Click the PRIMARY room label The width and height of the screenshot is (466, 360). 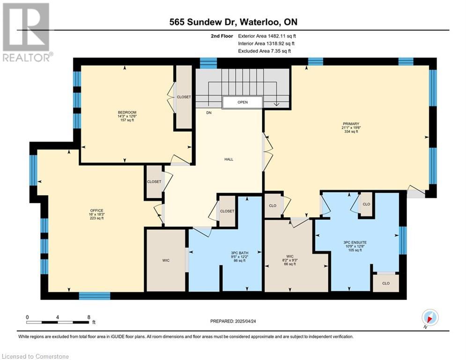[x=351, y=124]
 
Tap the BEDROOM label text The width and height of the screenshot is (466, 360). [x=127, y=112]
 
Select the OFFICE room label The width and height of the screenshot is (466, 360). [x=96, y=210]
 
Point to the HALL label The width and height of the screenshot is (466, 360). [x=229, y=159]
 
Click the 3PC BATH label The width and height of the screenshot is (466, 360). [x=239, y=253]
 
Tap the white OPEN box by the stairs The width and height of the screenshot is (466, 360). [x=243, y=102]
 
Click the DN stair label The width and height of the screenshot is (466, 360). [x=209, y=113]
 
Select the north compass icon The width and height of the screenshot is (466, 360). [x=430, y=317]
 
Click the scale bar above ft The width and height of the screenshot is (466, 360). [x=58, y=322]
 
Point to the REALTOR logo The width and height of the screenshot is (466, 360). [x=27, y=32]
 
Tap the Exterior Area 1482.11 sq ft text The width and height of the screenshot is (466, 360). [x=267, y=36]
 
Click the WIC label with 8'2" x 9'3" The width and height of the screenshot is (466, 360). [x=290, y=256]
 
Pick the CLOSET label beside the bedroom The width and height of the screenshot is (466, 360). [x=184, y=97]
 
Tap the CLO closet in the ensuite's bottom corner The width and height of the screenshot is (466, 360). [x=386, y=283]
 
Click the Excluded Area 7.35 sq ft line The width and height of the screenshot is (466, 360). [x=265, y=51]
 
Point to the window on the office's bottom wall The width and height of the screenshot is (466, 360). [x=95, y=296]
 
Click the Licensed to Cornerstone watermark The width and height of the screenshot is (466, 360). [x=35, y=356]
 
